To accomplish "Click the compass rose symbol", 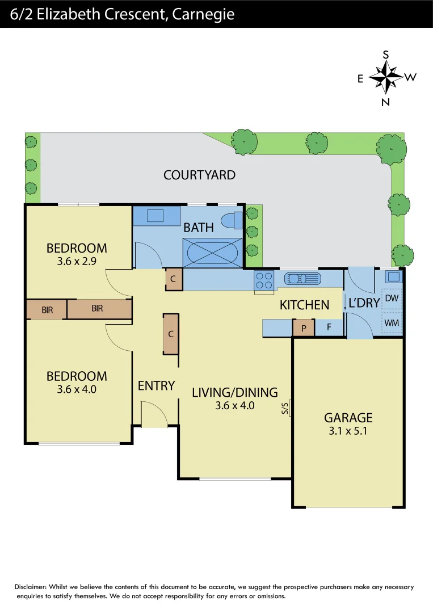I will point(385,77).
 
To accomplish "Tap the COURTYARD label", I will point(199,175).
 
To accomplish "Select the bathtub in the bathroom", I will point(211,252).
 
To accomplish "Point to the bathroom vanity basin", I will point(155,216).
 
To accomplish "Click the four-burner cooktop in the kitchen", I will point(264,281).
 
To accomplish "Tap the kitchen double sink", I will point(303,278).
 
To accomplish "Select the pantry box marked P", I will point(304,328).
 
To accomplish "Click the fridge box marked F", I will point(329,328).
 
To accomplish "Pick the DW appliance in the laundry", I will point(392,298).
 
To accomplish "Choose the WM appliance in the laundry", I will point(392,323).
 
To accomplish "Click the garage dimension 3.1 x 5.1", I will point(348,431).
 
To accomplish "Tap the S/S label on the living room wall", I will point(285,408).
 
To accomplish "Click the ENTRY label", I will point(156,386).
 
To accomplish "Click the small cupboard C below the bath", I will point(174,279).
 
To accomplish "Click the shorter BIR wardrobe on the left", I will point(47,309).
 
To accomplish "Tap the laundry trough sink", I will point(393,276).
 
